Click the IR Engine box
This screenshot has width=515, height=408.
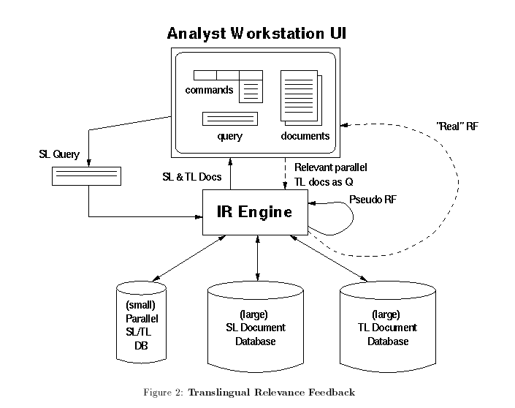[255, 212]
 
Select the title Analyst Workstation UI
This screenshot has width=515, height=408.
[256, 34]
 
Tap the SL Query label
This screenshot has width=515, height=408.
[59, 155]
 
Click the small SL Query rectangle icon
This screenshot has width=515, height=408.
[86, 176]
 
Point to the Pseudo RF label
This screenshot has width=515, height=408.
[373, 200]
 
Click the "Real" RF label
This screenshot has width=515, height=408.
[457, 126]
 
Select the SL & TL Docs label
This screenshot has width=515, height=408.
[191, 177]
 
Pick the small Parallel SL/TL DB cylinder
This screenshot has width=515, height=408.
[141, 322]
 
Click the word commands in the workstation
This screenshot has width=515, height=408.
[209, 91]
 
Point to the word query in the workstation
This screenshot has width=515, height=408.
[230, 137]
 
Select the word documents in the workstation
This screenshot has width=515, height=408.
[305, 136]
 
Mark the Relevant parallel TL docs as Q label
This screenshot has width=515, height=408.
[330, 174]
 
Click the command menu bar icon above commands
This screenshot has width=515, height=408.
[227, 75]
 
